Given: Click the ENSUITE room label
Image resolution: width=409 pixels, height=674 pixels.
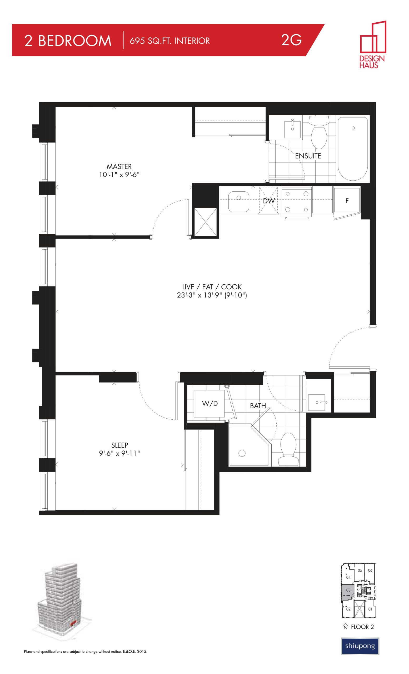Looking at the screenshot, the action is coord(308,156).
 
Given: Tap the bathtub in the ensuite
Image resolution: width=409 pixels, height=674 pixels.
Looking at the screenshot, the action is coord(353,149).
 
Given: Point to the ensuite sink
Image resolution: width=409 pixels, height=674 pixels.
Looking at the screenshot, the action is coord(292,129).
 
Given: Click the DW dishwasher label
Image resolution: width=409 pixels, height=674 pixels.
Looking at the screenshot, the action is coord(268,201).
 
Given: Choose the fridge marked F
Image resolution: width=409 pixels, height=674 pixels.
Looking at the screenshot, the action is coord(347,201).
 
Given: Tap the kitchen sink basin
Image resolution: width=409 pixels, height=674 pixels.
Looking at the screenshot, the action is coord(239,201).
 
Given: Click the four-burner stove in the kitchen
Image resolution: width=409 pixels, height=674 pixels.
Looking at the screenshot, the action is coord(297,202).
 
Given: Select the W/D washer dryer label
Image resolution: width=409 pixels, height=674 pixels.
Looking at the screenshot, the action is coord(210,403).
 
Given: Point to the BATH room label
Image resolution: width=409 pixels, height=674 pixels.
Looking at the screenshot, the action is coord(258,406).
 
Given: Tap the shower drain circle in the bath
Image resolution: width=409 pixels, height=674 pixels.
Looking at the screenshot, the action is coord(242,453).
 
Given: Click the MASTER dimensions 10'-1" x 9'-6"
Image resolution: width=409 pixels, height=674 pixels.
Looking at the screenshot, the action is coord(119,175).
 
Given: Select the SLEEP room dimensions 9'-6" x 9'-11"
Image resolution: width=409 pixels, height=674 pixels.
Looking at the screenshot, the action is coord(119,453).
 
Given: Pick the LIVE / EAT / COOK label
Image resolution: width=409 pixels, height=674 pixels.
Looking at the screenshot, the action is coord(212,287).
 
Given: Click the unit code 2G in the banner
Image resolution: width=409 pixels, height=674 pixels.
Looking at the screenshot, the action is coord(291,40).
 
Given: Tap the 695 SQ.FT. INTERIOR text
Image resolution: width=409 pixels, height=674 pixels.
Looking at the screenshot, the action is coord(170,41).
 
